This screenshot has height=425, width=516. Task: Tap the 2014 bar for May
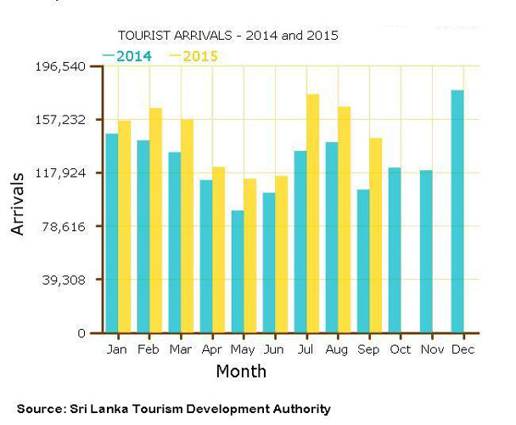click(x=238, y=271)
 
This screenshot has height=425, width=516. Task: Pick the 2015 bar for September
click(x=376, y=235)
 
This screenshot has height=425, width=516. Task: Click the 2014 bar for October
click(x=395, y=250)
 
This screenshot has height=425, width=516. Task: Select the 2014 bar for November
click(x=426, y=251)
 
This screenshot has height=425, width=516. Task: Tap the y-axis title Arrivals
click(x=19, y=203)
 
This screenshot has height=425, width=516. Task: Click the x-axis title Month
click(x=241, y=371)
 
